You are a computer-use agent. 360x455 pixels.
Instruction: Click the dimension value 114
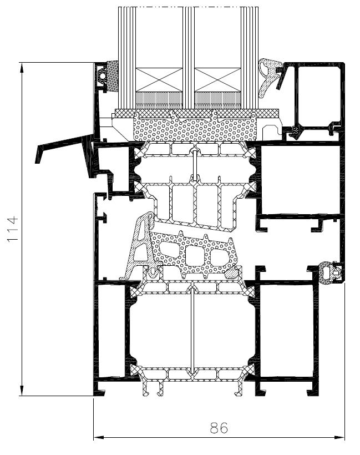coord(13,229)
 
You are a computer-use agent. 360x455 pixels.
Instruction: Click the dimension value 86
coord(219,427)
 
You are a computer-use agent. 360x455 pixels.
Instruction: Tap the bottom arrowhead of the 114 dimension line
coord(22,391)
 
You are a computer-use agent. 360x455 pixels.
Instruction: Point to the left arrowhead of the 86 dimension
coord(99,438)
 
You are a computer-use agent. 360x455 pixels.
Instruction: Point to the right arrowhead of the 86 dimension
coord(339,438)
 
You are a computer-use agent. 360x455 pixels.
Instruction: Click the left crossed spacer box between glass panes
coord(159,80)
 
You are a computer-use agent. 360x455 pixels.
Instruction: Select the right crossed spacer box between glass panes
coord(217,80)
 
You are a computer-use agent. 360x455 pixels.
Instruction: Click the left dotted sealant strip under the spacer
coord(159,100)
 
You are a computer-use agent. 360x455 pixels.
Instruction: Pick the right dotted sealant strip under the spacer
coord(217,100)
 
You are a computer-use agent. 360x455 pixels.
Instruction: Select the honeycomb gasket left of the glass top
coord(113,76)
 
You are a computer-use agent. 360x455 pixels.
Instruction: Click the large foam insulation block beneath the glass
coord(194,128)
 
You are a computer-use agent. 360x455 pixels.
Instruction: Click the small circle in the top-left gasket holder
coord(103,75)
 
